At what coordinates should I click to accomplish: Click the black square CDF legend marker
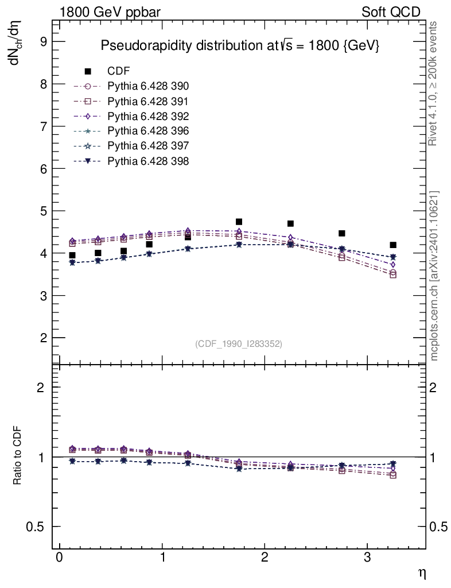[88, 71]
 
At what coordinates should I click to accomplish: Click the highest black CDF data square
[239, 222]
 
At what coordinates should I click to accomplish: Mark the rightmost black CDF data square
[393, 245]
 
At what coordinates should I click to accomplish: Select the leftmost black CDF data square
[72, 256]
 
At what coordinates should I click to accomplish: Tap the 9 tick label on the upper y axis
[42, 41]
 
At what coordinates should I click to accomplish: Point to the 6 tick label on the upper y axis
[42, 169]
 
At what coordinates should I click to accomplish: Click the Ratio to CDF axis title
[18, 457]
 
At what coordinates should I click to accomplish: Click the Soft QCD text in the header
[391, 12]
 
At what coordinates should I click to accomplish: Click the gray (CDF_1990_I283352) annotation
[239, 344]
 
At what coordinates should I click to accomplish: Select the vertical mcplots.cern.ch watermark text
[434, 276]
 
